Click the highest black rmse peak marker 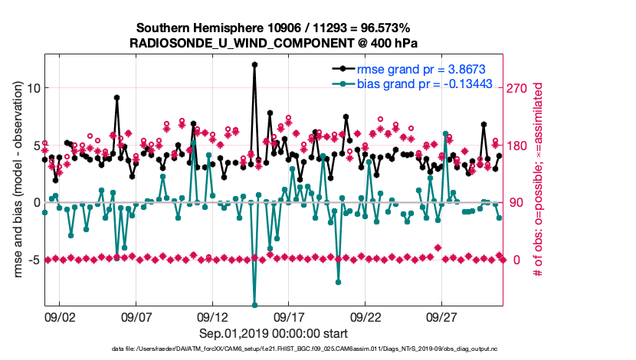coord(254,65)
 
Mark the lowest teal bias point coord(254,305)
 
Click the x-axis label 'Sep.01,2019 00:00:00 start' coord(274,333)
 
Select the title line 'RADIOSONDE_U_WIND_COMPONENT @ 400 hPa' coord(274,43)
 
